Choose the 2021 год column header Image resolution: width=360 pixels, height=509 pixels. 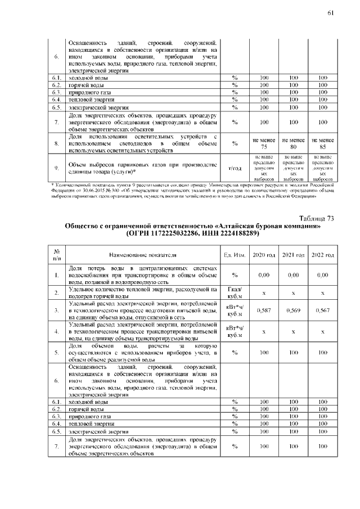(x=293, y=254)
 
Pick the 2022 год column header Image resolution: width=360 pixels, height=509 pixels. (x=322, y=254)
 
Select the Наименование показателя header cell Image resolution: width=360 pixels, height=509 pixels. (x=143, y=254)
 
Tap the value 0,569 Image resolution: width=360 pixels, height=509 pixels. (x=293, y=310)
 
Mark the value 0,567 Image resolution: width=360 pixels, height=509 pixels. (x=322, y=310)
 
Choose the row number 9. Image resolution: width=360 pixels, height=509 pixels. (x=57, y=168)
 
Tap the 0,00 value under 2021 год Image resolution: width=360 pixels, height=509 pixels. (x=293, y=274)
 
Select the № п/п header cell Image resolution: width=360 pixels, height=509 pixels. (x=57, y=254)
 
